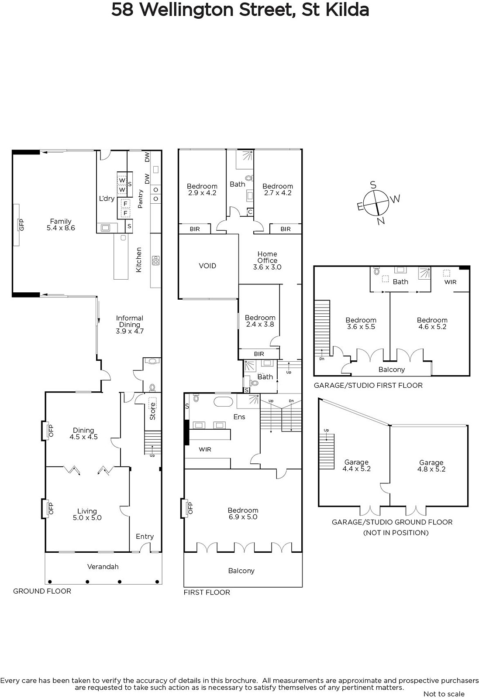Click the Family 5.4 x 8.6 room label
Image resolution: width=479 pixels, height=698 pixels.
click(x=61, y=224)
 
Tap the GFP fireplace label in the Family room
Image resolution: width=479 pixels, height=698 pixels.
click(x=21, y=225)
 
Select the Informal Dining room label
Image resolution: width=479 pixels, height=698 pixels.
click(x=130, y=325)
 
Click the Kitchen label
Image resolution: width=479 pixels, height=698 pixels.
click(x=139, y=260)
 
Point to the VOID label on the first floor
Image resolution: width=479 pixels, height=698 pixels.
click(x=207, y=266)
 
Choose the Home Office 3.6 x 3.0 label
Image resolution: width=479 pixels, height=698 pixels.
click(x=267, y=260)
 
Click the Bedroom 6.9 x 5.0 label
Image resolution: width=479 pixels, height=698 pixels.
click(x=243, y=513)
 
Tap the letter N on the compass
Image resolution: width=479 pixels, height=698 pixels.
click(x=381, y=221)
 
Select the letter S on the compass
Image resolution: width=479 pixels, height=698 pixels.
click(x=373, y=185)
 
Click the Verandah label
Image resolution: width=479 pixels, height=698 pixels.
click(x=103, y=567)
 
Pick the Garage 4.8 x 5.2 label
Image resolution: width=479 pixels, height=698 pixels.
click(x=431, y=466)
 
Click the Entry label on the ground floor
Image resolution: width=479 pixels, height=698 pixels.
click(x=145, y=537)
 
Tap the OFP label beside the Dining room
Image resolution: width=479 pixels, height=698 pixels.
click(x=51, y=431)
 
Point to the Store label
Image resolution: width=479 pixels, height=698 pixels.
click(x=152, y=411)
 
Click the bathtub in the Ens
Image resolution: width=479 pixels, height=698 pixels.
click(x=223, y=402)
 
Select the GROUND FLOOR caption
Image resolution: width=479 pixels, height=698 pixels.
click(x=42, y=591)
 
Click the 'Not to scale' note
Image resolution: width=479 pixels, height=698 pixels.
click(x=444, y=694)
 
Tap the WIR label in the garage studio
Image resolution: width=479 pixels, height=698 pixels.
click(x=450, y=282)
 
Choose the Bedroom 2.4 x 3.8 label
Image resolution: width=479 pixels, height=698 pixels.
click(x=260, y=321)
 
